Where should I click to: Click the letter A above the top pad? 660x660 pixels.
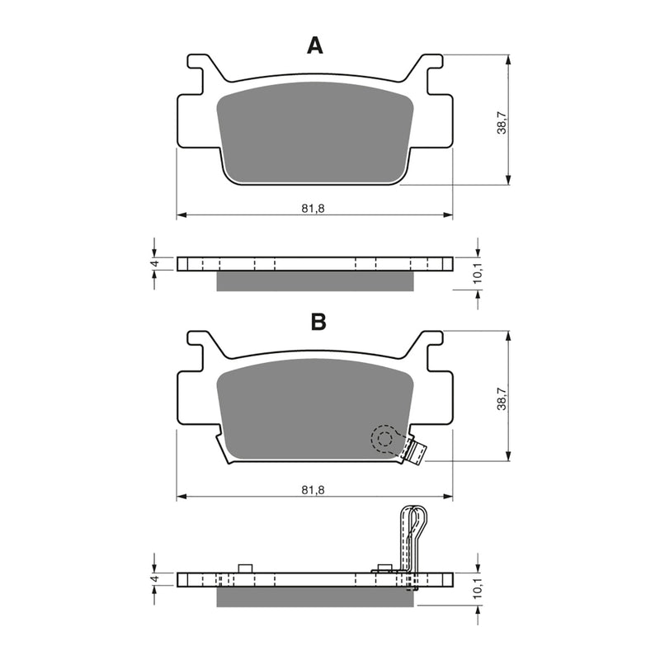click(x=315, y=46)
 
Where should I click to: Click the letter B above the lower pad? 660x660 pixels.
click(x=318, y=323)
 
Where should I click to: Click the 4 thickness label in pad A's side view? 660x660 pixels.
click(x=154, y=264)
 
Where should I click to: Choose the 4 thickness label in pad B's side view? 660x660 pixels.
click(x=154, y=580)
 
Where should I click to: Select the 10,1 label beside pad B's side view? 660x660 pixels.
click(x=476, y=590)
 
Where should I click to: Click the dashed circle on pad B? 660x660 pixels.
click(x=384, y=439)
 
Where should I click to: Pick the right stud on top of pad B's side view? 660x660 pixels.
click(x=382, y=568)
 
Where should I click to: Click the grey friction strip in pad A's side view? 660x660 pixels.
click(x=313, y=281)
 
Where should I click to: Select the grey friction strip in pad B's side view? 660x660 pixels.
click(x=313, y=596)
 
